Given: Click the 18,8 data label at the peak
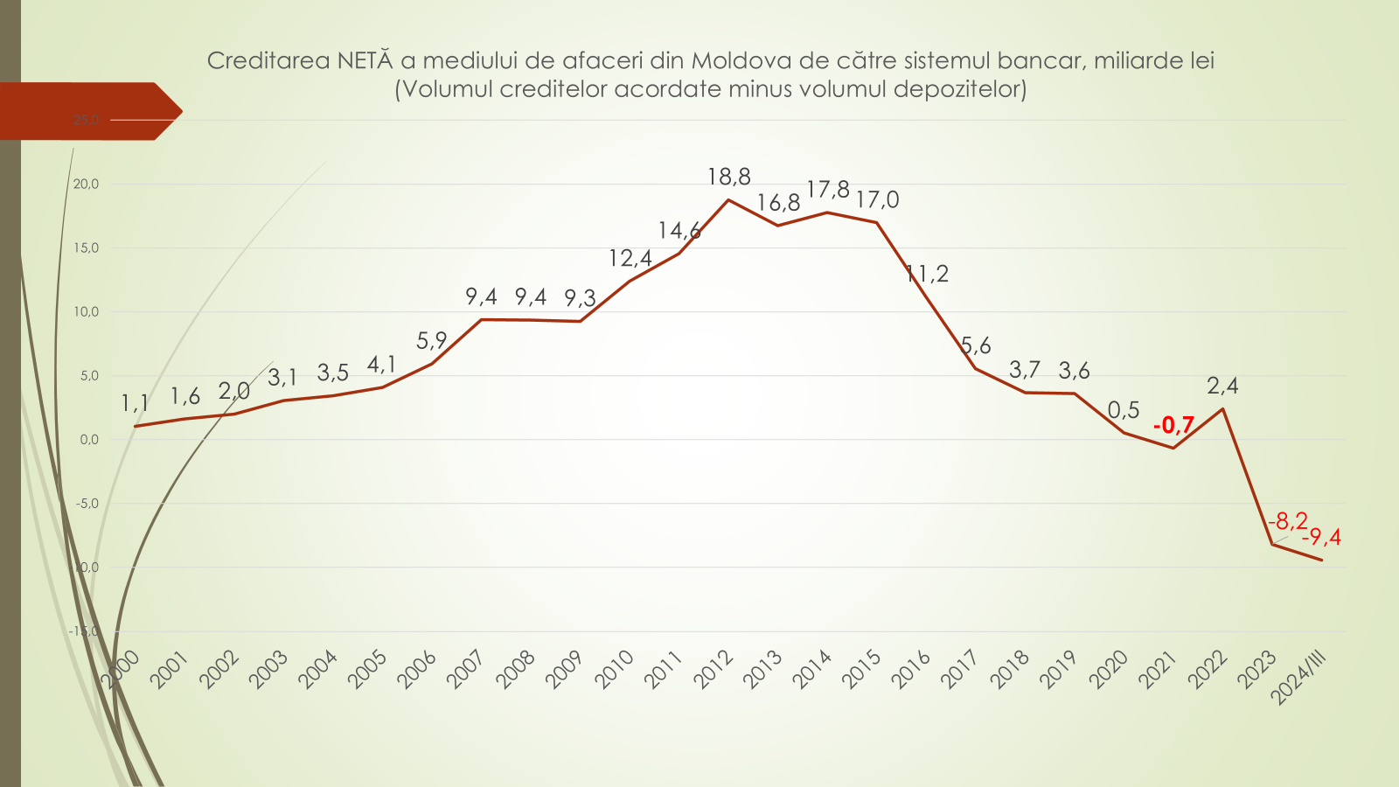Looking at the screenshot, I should pos(728,177).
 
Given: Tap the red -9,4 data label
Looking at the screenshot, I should pos(1321,537).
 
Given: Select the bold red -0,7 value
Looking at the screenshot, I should pos(1173,426).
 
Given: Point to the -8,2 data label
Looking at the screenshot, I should pos(1288,521).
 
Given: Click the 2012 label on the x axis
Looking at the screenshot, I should pos(713,670).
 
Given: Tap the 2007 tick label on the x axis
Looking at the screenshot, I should pos(466,670).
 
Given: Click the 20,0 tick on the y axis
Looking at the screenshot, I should pos(86,184).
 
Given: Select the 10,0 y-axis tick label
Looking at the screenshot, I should pos(86,311).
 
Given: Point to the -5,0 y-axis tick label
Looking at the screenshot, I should pos(87,504).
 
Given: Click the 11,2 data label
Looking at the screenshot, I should pos(927,275).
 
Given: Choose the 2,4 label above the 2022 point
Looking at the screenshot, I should pos(1222,386).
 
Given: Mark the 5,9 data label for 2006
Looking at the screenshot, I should pos(432,341).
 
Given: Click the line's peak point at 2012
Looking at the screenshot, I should pos(728,200).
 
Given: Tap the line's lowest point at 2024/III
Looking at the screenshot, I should pos(1321,560).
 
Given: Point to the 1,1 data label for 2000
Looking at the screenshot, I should pos(136,403).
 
